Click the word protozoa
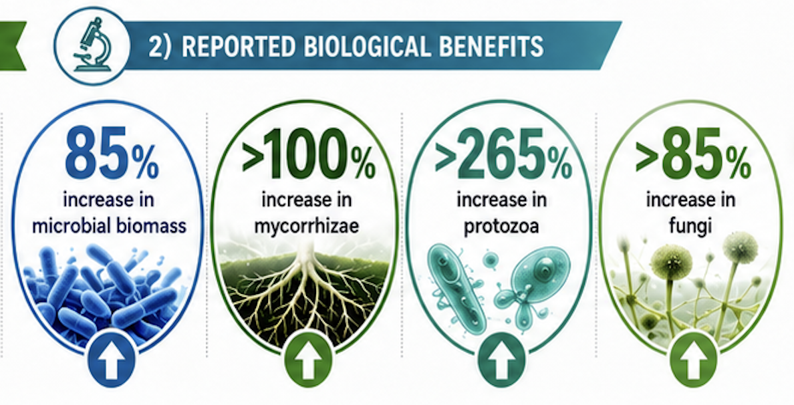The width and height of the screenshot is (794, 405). click(501, 226)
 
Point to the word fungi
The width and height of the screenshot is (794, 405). click(690, 226)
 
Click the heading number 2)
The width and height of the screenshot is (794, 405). click(160, 47)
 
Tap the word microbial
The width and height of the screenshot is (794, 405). click(74, 226)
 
